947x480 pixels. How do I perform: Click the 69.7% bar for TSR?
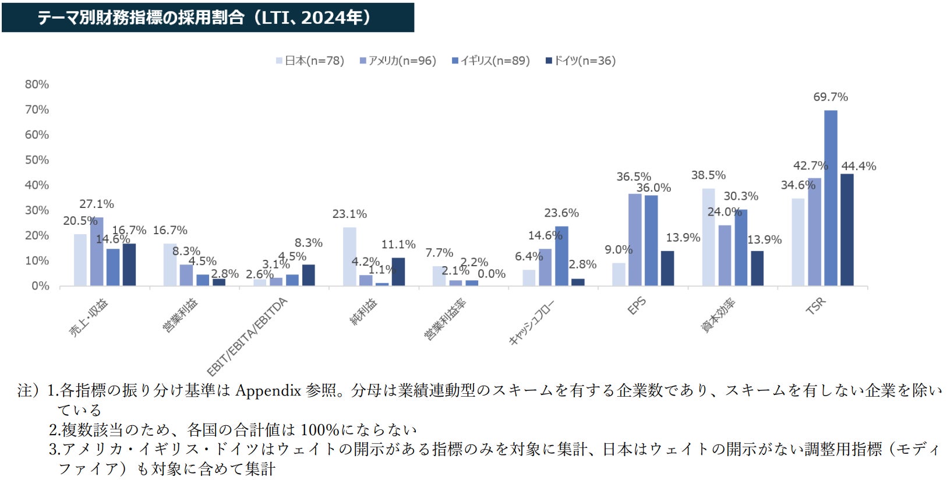pos(831,198)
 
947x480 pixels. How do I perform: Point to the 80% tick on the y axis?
pos(37,84)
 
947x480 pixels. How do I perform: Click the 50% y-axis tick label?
pos(37,160)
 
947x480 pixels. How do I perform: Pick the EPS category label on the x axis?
pos(637,306)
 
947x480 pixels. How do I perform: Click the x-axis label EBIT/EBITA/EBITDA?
pos(248,337)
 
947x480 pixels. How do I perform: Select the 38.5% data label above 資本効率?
pos(708,175)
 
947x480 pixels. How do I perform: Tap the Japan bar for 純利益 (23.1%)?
pos(349,256)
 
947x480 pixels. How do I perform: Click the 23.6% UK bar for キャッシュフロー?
pos(561,256)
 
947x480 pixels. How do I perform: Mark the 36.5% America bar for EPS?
pos(635,239)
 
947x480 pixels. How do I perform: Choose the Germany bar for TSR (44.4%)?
pos(847,230)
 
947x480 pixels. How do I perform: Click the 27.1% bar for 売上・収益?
pos(97,252)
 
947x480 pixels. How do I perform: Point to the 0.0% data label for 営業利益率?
pos(492,274)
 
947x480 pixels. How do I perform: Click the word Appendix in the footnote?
pos(268,390)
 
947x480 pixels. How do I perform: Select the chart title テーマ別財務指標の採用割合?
pos(140,17)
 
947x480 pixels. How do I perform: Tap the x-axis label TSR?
pos(815,306)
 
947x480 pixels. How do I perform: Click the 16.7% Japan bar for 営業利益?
pos(170,264)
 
